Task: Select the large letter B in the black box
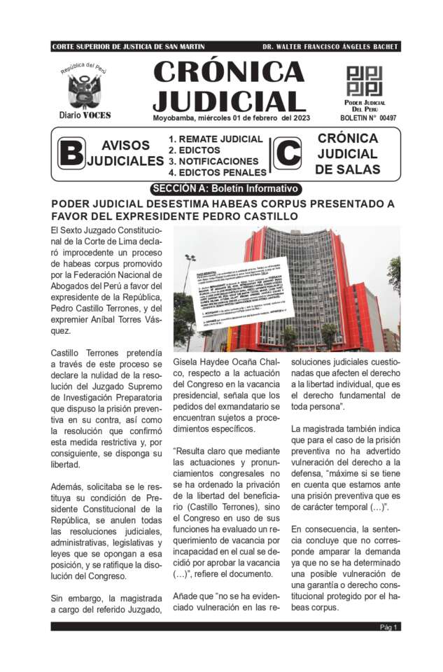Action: (70, 153)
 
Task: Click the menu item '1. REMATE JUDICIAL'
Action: (216, 139)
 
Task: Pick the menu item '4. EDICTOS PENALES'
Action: (218, 172)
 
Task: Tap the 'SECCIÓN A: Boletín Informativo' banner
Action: (225, 188)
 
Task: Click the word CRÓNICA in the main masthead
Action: (228, 72)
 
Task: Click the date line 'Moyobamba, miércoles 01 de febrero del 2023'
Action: (230, 118)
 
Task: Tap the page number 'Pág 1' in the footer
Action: (389, 627)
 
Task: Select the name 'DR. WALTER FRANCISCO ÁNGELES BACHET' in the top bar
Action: (330, 47)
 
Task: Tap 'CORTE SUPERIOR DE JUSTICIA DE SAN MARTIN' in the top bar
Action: (129, 47)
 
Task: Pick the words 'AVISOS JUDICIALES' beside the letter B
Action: (126, 153)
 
